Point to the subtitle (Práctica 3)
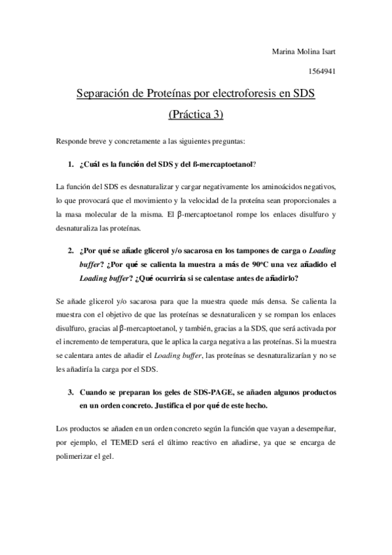[x=196, y=115]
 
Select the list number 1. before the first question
[x=71, y=164]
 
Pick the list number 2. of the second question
[x=71, y=249]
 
